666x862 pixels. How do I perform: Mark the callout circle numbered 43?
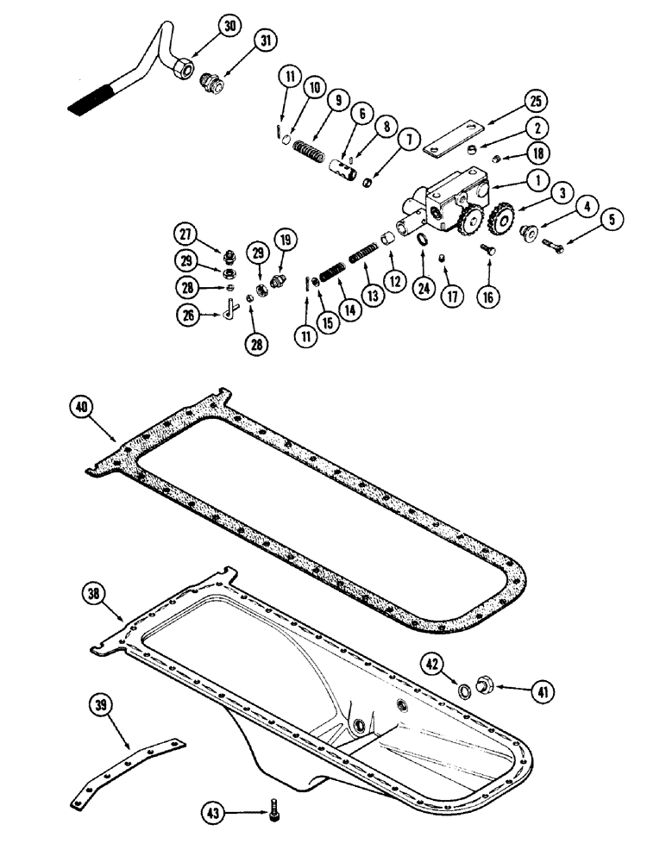pyautogui.click(x=215, y=811)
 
